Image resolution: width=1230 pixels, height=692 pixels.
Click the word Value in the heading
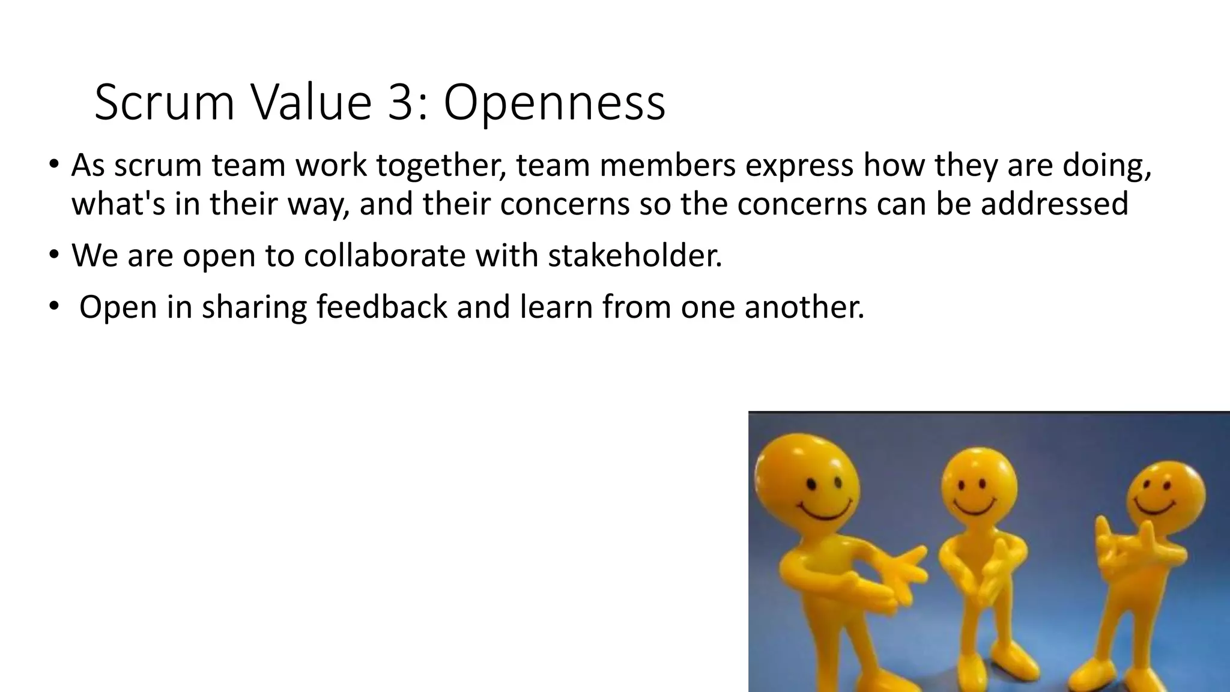point(311,102)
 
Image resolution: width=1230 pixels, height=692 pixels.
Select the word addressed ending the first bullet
point(1055,204)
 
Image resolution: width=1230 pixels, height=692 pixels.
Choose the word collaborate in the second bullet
point(384,256)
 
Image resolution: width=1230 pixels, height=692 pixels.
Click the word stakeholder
point(635,256)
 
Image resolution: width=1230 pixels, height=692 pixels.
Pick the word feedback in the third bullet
point(382,307)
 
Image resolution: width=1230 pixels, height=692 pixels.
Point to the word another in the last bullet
point(804,307)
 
